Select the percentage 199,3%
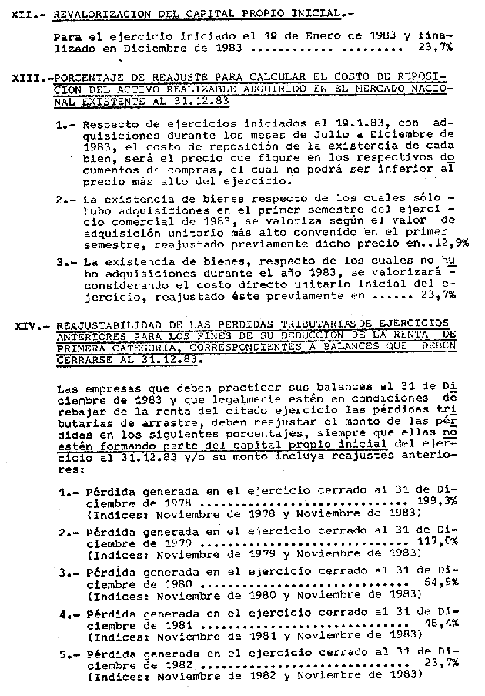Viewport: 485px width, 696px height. (x=436, y=500)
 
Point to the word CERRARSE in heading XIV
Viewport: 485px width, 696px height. (x=85, y=360)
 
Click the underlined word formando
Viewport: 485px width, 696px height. (x=137, y=445)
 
